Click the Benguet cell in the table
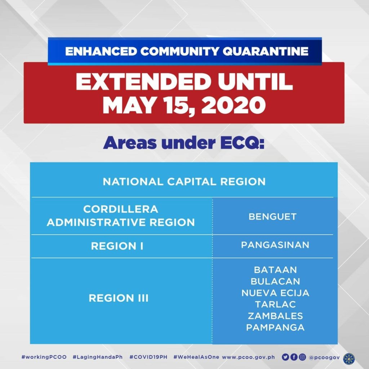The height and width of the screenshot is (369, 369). (x=272, y=217)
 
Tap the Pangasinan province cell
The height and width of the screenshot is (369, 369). (x=275, y=245)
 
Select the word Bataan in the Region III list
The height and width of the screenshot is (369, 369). (x=275, y=270)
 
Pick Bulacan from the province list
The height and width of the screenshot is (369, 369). (x=275, y=281)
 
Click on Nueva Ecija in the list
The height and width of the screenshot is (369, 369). (x=275, y=293)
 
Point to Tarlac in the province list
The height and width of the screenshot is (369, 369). (x=275, y=304)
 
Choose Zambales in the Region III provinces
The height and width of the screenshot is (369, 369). (x=275, y=316)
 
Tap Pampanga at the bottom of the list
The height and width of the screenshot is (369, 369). (x=275, y=328)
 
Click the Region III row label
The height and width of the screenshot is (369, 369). (x=119, y=298)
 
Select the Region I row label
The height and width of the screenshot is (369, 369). (x=117, y=246)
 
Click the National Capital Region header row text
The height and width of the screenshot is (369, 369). (x=184, y=181)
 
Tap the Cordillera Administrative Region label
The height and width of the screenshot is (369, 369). (x=121, y=216)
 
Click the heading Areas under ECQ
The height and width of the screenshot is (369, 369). (x=184, y=143)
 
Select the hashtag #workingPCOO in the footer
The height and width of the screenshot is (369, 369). (x=44, y=357)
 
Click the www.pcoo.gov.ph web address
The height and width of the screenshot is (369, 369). (x=248, y=357)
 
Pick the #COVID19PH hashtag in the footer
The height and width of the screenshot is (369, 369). (x=148, y=357)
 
